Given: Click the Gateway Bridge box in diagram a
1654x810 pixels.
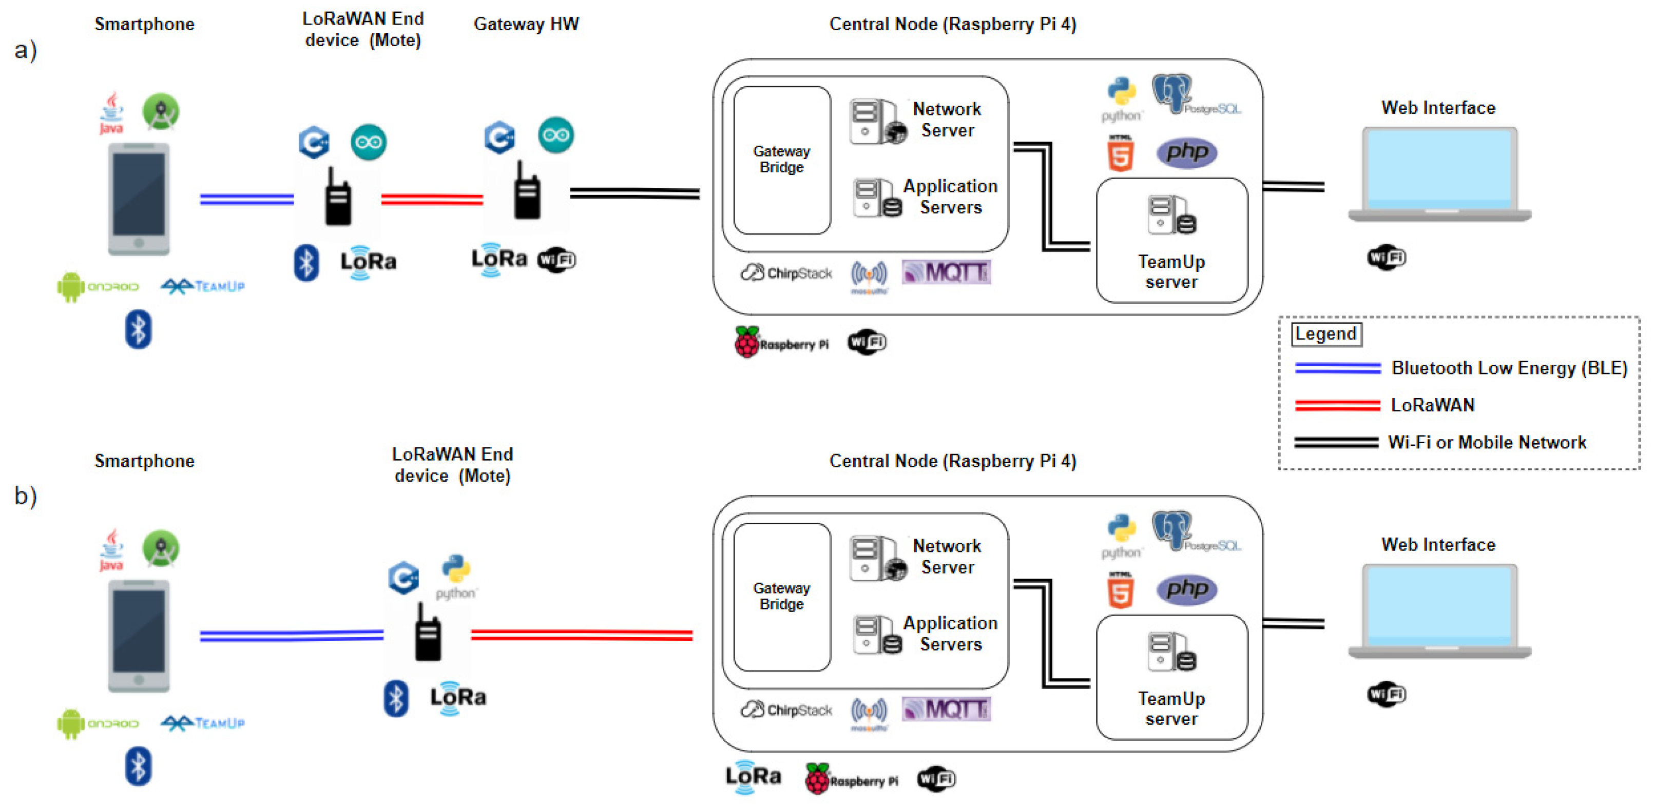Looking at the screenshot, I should pyautogui.click(x=781, y=160).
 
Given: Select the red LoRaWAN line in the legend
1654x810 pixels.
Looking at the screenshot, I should pyautogui.click(x=1337, y=405).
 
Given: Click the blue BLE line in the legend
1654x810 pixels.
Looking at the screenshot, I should pyautogui.click(x=1337, y=368).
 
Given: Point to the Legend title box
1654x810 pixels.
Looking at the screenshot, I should pyautogui.click(x=1326, y=334).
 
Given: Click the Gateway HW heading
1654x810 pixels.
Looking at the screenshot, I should pyautogui.click(x=526, y=25).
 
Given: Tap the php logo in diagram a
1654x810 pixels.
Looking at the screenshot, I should pyautogui.click(x=1186, y=153).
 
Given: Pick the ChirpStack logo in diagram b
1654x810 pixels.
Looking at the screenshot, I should pyautogui.click(x=786, y=709).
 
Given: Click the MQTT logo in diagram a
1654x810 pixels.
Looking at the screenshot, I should pyautogui.click(x=946, y=272).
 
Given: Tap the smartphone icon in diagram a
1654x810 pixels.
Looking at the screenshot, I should pyautogui.click(x=139, y=199).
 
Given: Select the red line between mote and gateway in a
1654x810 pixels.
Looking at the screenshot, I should pyautogui.click(x=432, y=199).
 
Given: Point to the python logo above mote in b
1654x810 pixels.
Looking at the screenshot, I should pyautogui.click(x=456, y=576).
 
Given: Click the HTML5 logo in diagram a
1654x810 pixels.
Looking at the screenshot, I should pyautogui.click(x=1121, y=154).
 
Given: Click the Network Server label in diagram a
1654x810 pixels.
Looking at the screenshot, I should pyautogui.click(x=947, y=120).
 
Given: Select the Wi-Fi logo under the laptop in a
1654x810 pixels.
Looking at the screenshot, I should pyautogui.click(x=1386, y=258).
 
